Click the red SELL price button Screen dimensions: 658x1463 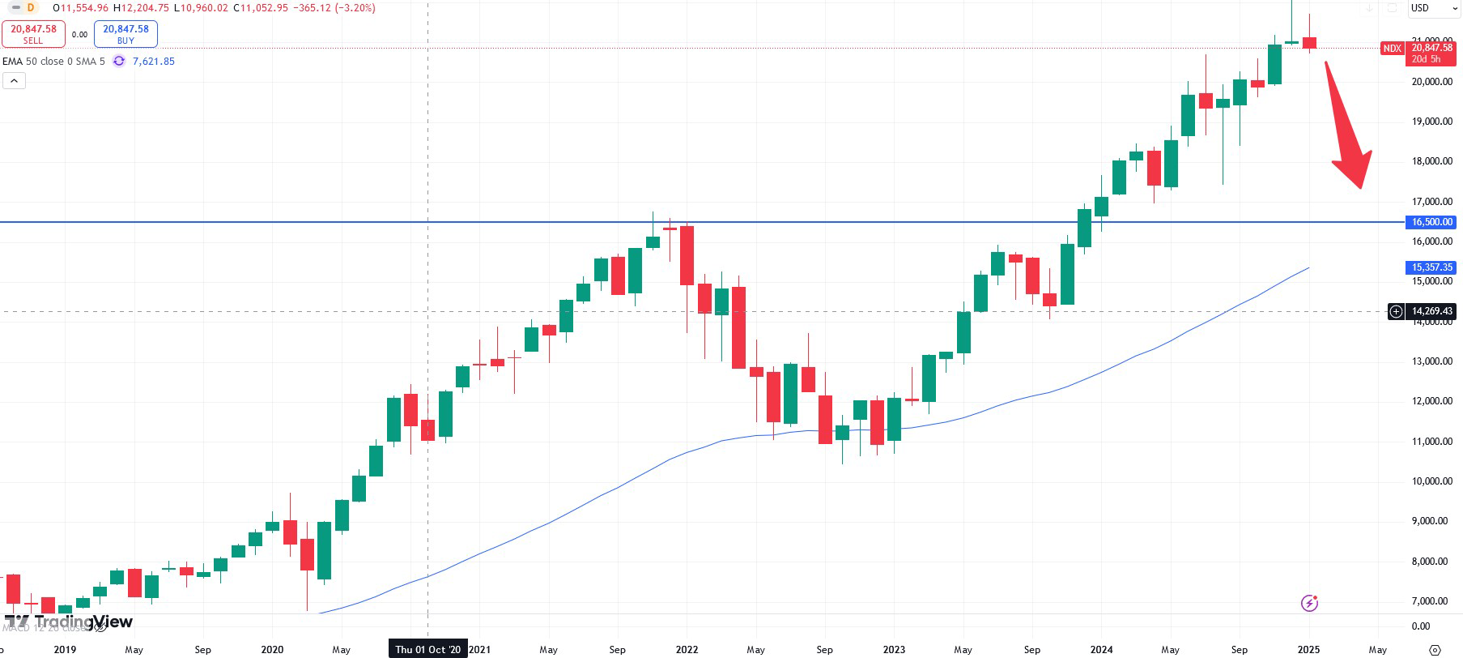click(x=33, y=34)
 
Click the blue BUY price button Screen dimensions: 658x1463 click(x=125, y=34)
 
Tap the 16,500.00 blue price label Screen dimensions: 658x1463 click(x=1431, y=222)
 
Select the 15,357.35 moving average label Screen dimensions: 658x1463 click(x=1431, y=267)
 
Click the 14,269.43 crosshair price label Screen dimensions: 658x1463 click(x=1431, y=311)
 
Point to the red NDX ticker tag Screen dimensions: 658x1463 click(x=1392, y=49)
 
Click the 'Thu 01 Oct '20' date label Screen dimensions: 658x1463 click(x=427, y=649)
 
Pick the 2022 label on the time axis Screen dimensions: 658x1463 click(x=687, y=649)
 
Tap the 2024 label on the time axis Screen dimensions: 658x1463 click(x=1101, y=649)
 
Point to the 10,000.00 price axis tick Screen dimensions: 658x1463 click(x=1431, y=481)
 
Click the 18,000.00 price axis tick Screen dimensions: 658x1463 click(x=1431, y=161)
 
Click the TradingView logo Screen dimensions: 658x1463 click(x=69, y=622)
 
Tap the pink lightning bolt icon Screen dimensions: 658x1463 click(x=1309, y=603)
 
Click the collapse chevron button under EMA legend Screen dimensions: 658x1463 click(x=14, y=80)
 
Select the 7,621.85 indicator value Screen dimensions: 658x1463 click(x=153, y=62)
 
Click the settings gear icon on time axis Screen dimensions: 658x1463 click(x=1435, y=650)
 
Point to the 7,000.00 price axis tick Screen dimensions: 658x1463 click(x=1431, y=601)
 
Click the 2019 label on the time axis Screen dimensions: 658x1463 click(x=65, y=649)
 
